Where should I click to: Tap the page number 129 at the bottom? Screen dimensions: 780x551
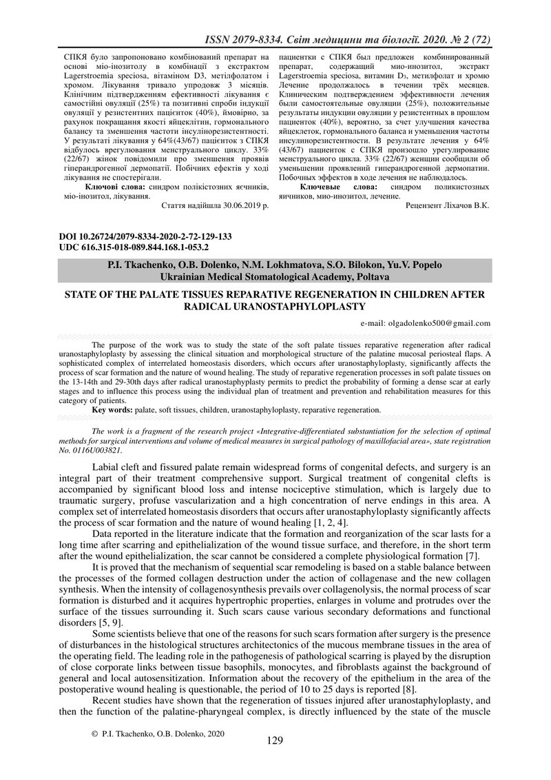[275, 741]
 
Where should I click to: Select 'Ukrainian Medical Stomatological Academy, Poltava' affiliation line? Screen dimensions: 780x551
[275, 276]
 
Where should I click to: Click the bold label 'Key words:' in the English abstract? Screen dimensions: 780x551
[114, 410]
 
